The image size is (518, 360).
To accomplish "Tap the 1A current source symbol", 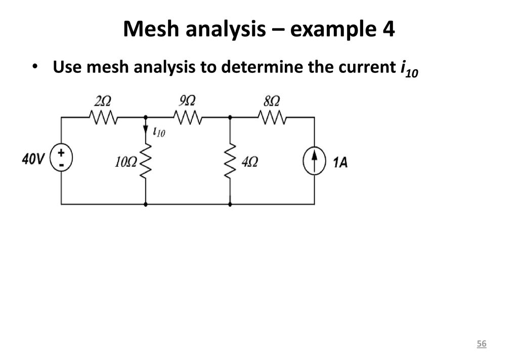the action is (x=314, y=161).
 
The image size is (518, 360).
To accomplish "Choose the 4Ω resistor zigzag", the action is (x=230, y=161).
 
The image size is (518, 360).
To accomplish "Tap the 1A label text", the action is (x=340, y=162).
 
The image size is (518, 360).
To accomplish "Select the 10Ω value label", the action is (x=125, y=162).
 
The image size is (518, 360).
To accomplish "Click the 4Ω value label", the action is (x=250, y=162).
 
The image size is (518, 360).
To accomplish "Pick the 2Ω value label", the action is (x=102, y=101).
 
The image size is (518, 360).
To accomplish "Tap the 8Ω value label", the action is (x=272, y=101).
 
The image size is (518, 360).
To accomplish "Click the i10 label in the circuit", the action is (x=159, y=132).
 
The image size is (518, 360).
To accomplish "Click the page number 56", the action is (x=482, y=343).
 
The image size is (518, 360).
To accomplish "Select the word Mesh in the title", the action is (x=152, y=29).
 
